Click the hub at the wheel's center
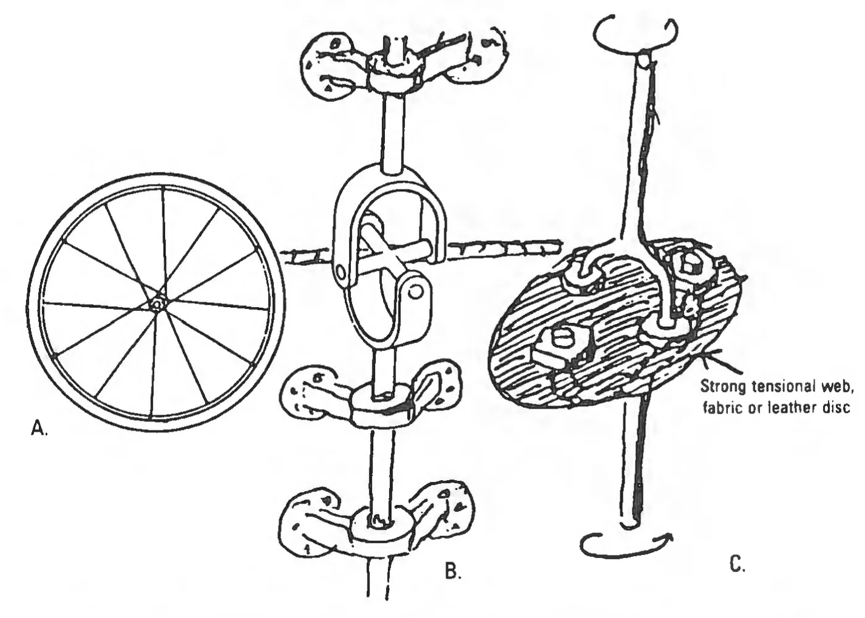156,305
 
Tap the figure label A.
39,428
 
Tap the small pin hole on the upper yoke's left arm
340,271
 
